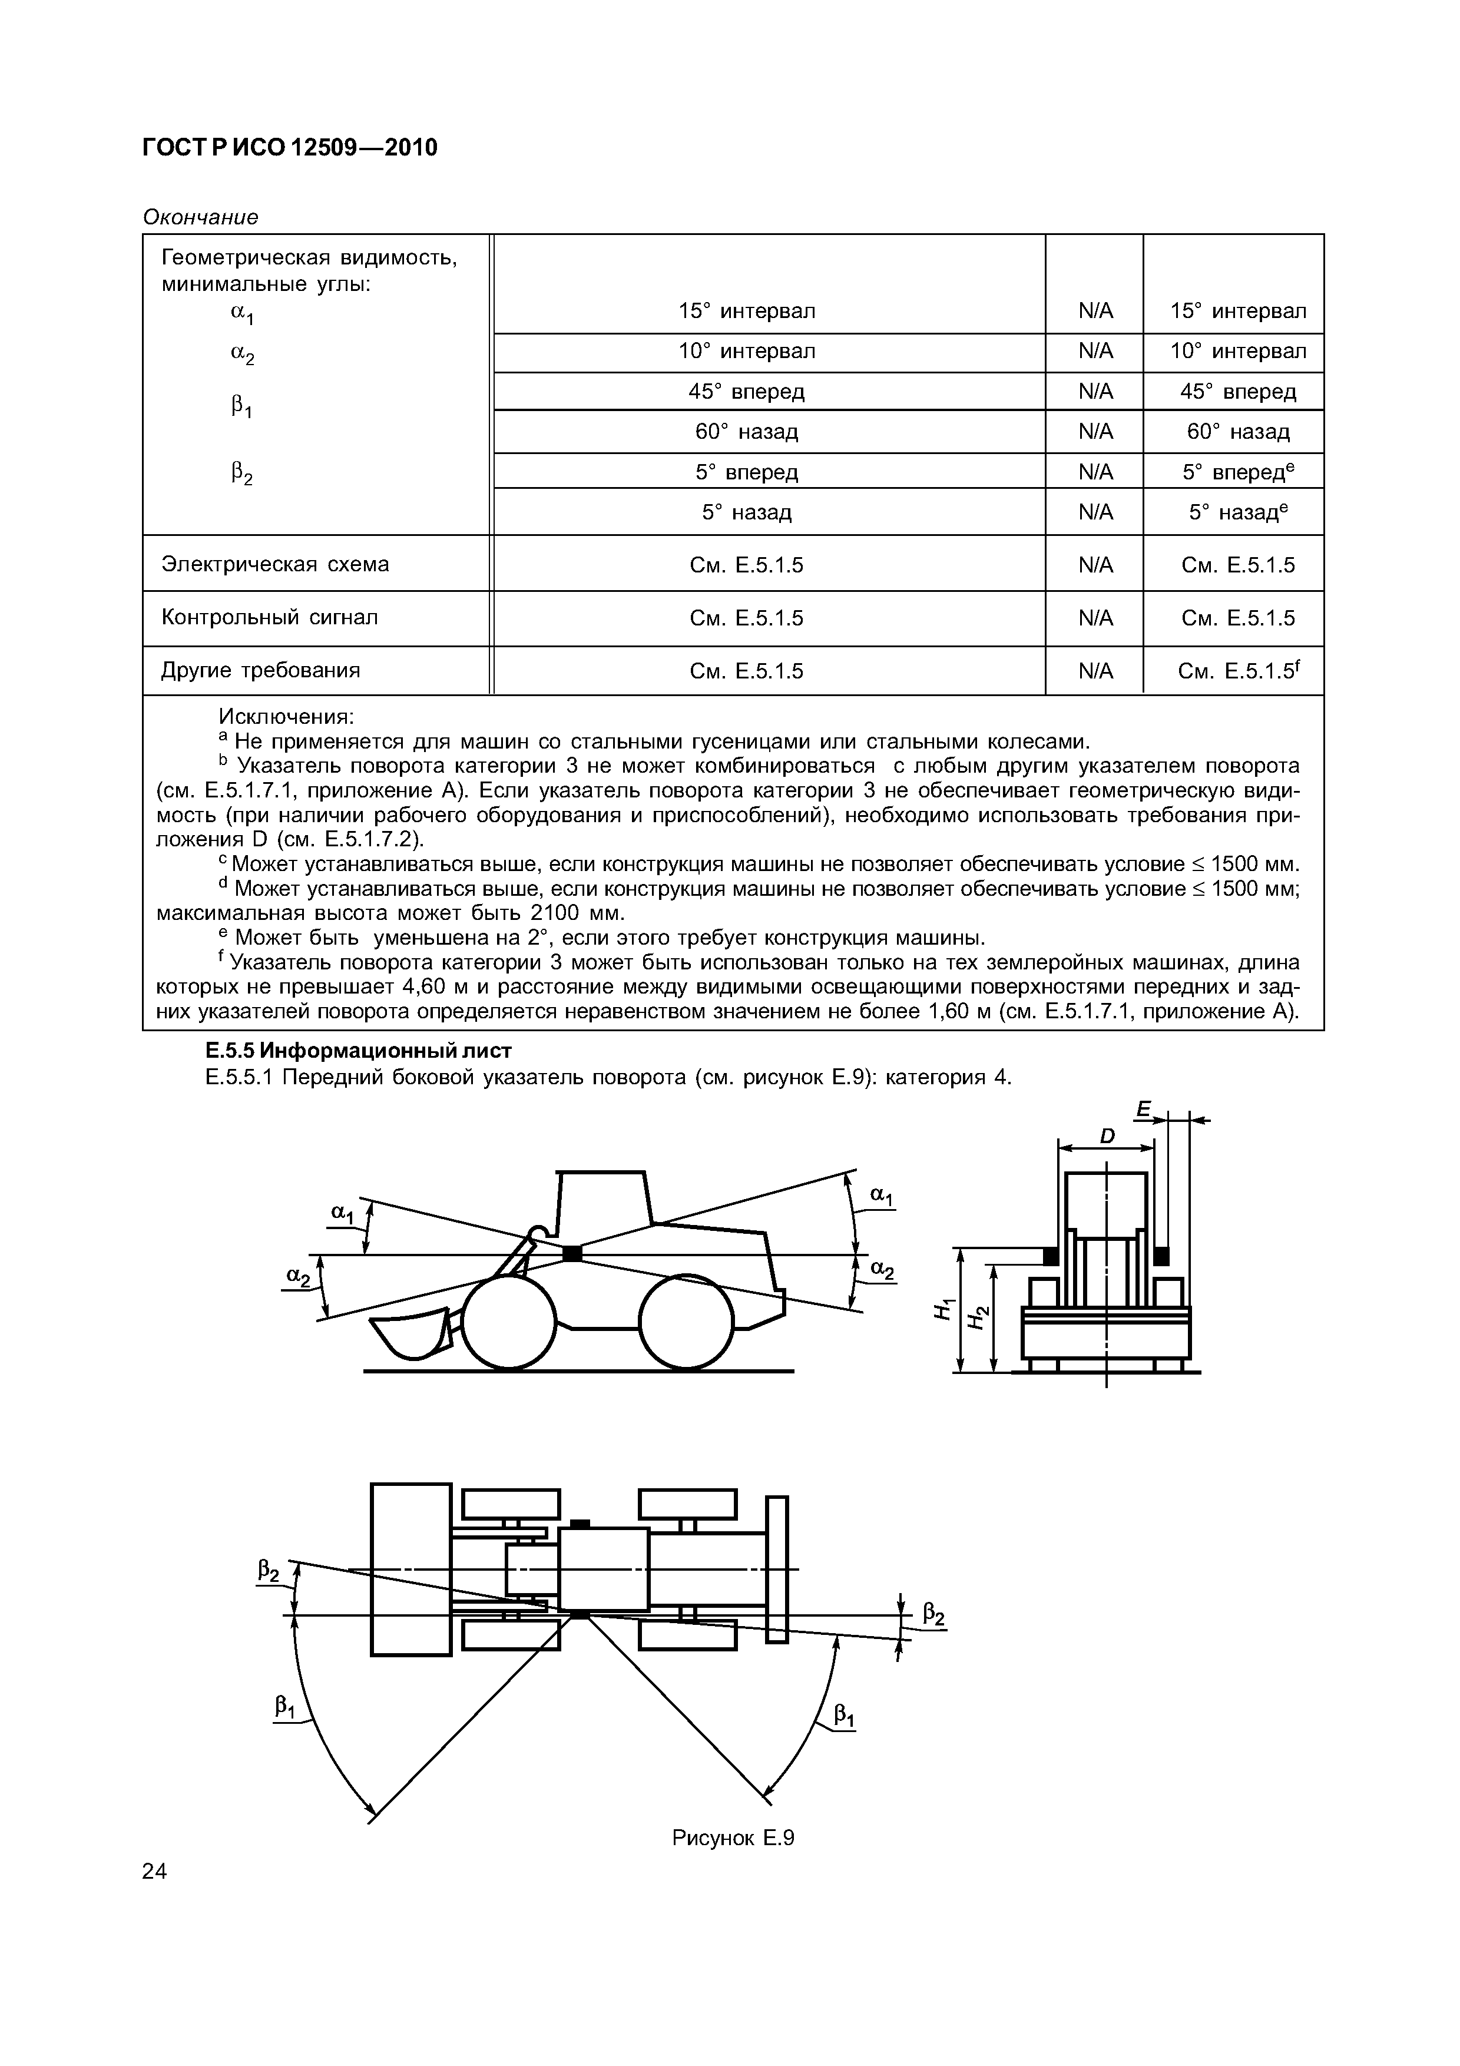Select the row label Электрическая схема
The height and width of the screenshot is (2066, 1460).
coord(274,564)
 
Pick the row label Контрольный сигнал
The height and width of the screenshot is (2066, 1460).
coord(269,617)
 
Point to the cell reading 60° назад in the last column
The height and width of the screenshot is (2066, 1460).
coord(1238,432)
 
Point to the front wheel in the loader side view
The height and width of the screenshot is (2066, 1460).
coord(510,1320)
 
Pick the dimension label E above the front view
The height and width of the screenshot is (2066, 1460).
coord(1143,1110)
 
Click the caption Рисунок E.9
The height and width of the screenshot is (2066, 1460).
coord(733,1837)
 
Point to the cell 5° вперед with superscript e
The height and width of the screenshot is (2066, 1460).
coord(1238,472)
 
